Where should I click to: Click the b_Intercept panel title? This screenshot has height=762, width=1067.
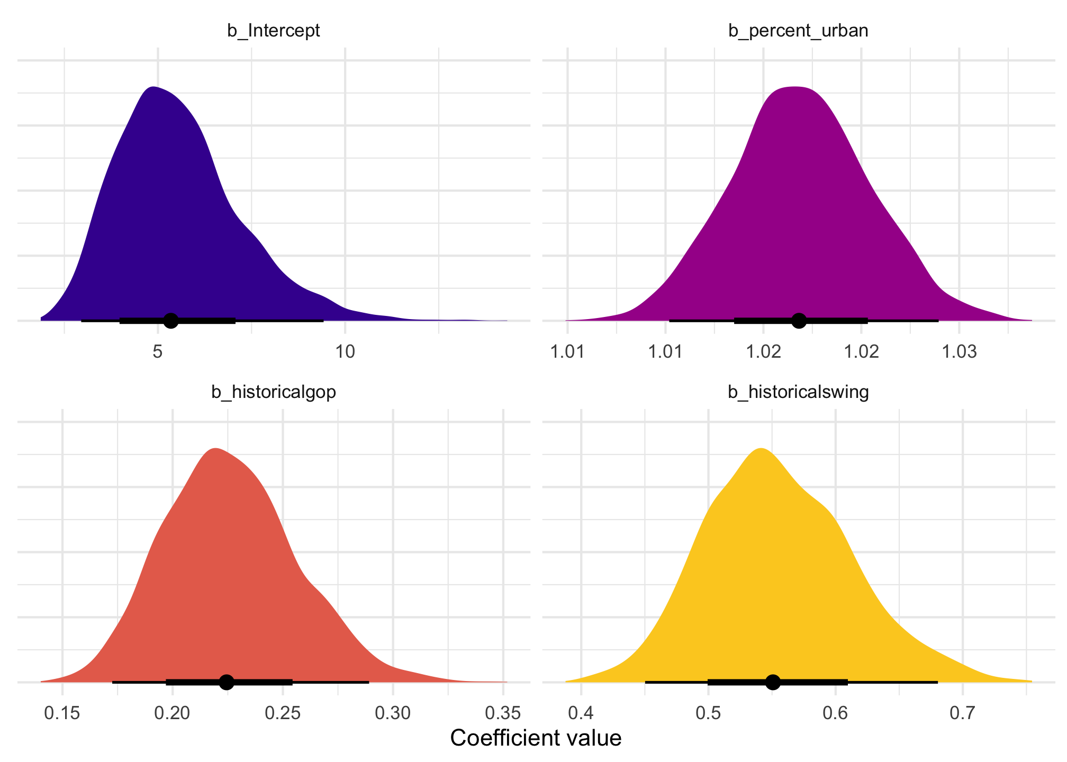pos(274,31)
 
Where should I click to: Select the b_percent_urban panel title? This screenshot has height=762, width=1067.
pos(798,31)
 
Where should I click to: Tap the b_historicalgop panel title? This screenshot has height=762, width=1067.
pos(274,392)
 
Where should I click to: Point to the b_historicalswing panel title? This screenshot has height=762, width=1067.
pos(798,392)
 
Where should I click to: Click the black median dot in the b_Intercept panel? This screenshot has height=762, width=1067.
pos(170,320)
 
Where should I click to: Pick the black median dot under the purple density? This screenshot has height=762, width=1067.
pos(799,320)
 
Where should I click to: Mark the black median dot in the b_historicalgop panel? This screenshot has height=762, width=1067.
pos(227,682)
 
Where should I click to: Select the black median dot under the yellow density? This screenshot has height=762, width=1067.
pos(773,682)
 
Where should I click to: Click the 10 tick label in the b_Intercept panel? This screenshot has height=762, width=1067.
pos(345,352)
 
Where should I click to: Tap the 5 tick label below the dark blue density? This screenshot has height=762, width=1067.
pos(158,352)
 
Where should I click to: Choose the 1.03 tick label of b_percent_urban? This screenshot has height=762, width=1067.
pos(959,352)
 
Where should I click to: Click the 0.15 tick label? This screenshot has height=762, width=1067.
pos(62,714)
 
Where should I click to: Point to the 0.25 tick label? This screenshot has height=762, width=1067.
pos(283,714)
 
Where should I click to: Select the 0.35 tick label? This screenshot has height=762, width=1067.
pos(503,714)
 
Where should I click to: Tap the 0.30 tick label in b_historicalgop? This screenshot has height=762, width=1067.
pos(393,714)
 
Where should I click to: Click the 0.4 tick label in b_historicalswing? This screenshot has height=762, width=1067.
pos(581,714)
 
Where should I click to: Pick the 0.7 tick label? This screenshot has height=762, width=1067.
pos(963,714)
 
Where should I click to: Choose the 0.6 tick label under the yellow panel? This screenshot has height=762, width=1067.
pos(836,714)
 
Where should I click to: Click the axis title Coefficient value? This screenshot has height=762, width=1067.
pos(536,738)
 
